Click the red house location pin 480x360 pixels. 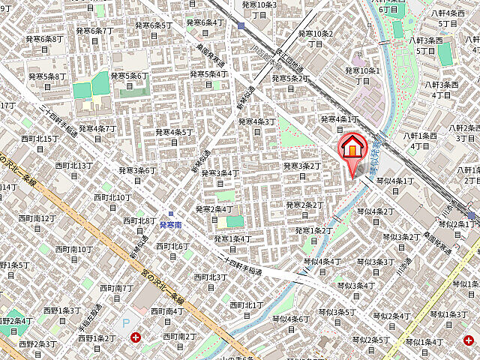pyautogui.click(x=351, y=147)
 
